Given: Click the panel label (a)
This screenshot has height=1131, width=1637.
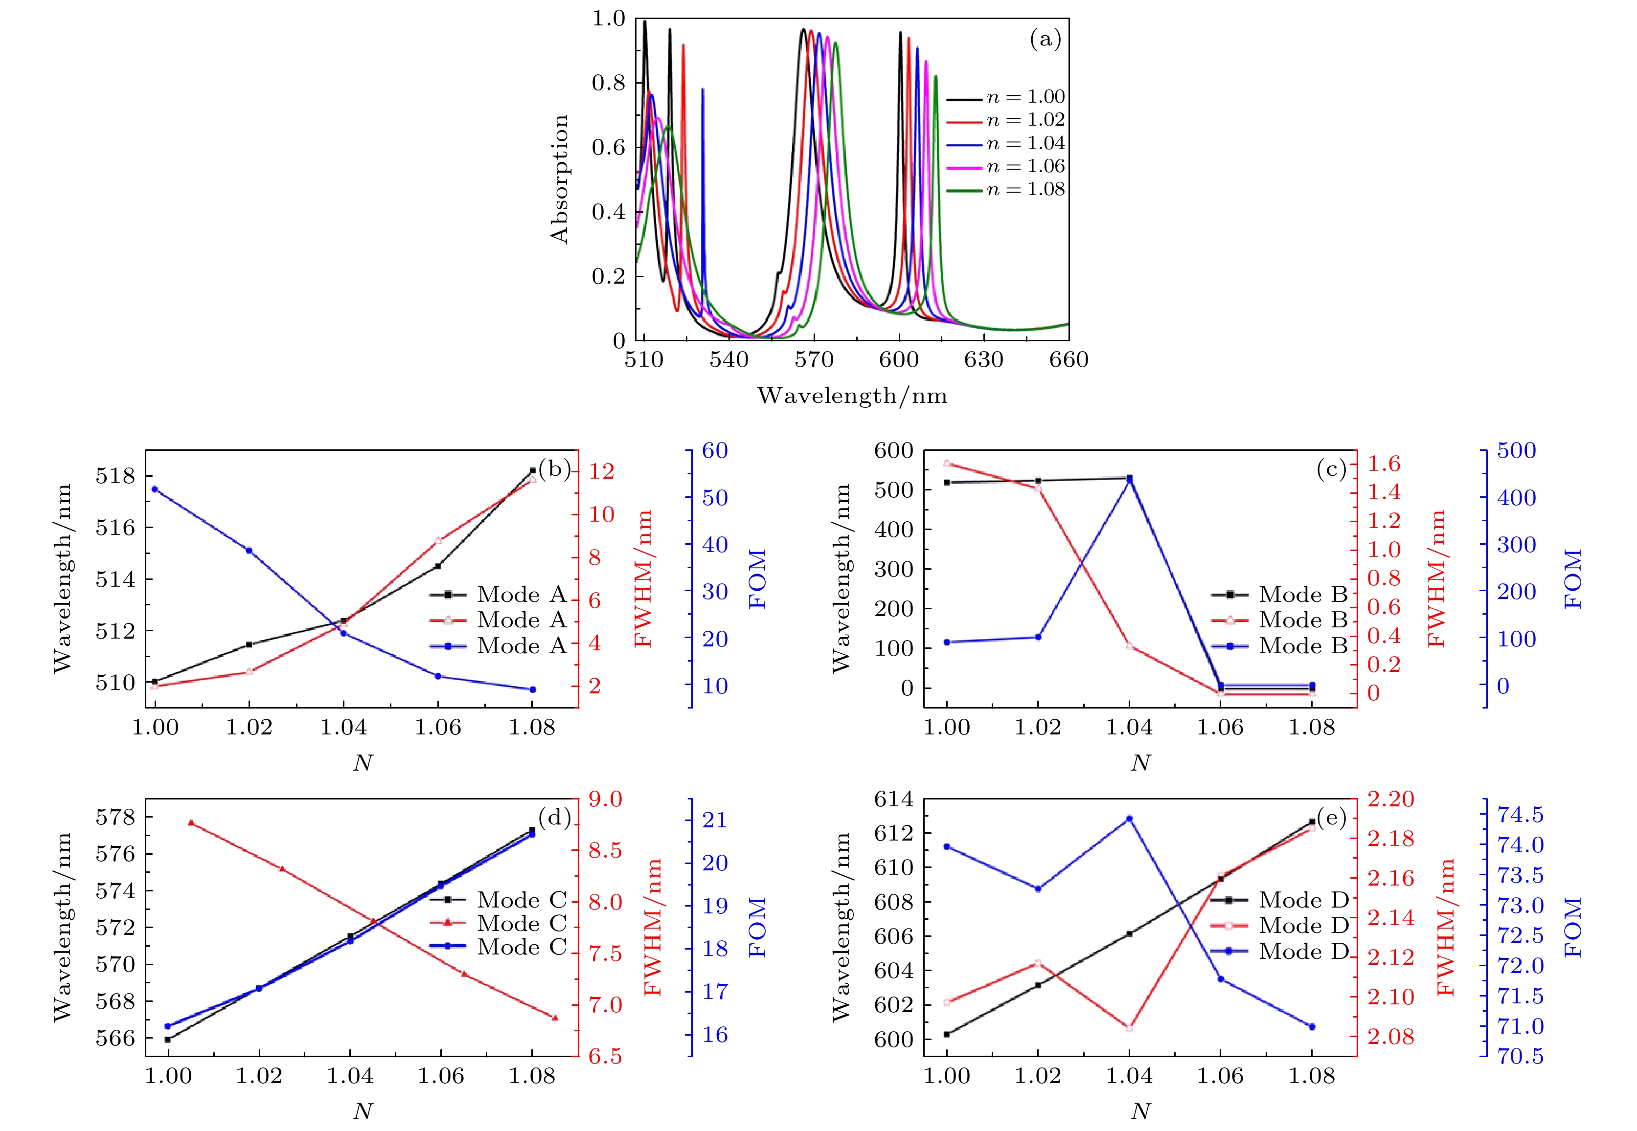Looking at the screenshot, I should [x=1045, y=40].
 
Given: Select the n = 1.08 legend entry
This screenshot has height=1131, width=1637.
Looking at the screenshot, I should [x=1025, y=189].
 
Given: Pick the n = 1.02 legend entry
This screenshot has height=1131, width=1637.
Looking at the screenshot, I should [x=1025, y=120].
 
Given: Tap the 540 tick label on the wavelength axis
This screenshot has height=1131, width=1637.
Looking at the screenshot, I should [x=729, y=360].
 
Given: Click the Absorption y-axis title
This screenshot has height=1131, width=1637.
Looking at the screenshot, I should [x=559, y=179].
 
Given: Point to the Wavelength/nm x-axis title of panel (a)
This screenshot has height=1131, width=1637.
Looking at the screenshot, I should [x=852, y=396].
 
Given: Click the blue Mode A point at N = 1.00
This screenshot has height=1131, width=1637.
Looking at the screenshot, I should [x=155, y=489].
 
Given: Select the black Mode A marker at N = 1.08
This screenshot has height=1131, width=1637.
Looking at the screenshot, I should [x=532, y=470].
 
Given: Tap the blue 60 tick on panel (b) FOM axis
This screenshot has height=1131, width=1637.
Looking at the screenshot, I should [x=715, y=451].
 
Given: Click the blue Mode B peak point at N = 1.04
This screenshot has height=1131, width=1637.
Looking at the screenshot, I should [x=1129, y=480].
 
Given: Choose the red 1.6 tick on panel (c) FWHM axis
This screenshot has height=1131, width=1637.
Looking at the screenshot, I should [x=1384, y=464].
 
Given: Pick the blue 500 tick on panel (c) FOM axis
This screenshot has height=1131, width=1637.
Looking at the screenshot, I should [x=1516, y=451].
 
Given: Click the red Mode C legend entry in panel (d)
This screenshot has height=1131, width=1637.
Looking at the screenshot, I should [x=521, y=923].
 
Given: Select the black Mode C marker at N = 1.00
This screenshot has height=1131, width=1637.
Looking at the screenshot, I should [x=168, y=1040].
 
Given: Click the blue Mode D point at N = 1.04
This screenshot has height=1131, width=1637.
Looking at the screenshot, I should [x=1129, y=819].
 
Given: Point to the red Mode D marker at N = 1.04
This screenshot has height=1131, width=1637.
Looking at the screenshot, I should [x=1129, y=1027].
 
